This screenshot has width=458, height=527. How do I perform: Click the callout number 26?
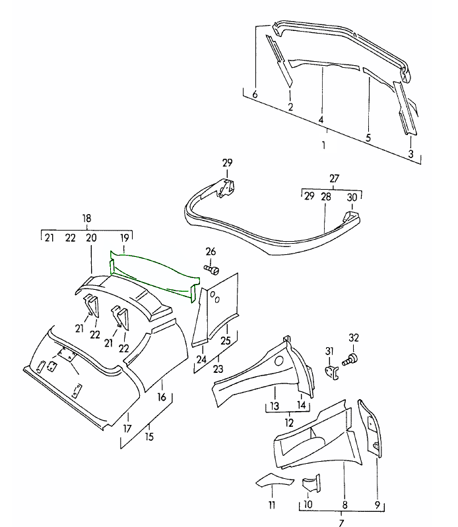211,251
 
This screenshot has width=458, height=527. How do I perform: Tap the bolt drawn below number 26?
212,269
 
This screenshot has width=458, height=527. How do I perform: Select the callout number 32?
354,338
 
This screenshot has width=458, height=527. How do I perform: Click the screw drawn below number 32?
352,357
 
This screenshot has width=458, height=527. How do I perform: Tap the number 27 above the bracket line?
335,178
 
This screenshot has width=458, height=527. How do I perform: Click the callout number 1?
324,145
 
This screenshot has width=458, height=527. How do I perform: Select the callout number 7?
341,523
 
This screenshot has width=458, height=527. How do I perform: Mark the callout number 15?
150,437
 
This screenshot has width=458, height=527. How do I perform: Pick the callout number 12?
288,422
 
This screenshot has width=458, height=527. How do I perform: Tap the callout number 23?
218,370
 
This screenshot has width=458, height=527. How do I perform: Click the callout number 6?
255,95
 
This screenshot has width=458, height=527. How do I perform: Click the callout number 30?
352,196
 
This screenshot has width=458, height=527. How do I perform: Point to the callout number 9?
377,506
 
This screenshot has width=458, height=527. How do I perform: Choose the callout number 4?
321,120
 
